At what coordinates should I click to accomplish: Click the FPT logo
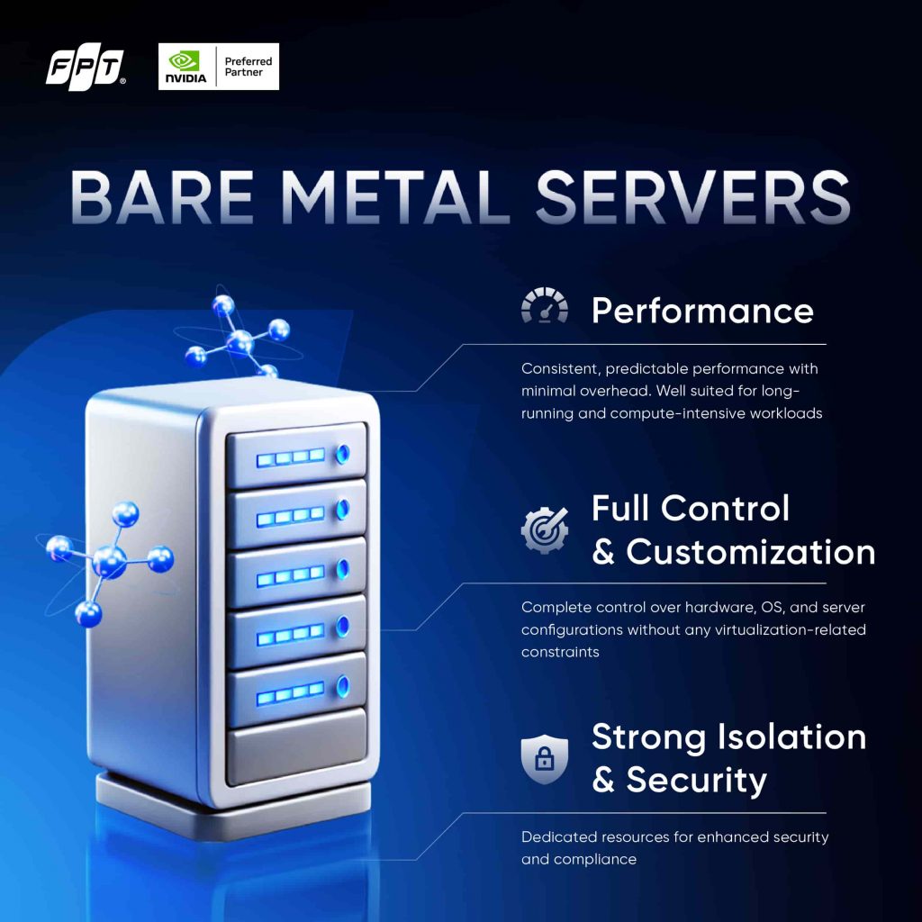tap(85, 69)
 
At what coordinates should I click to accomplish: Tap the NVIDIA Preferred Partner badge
tap(218, 67)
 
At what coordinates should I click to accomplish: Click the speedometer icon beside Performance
tap(545, 307)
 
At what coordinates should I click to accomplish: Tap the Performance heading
tap(702, 311)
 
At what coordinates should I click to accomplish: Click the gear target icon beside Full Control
tap(545, 529)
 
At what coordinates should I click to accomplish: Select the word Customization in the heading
tap(750, 552)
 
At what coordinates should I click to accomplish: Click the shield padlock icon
tap(545, 758)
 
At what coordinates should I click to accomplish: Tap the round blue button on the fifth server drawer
tap(342, 686)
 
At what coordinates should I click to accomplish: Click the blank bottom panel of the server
tap(296, 744)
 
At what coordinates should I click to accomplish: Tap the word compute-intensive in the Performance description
tap(685, 413)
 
